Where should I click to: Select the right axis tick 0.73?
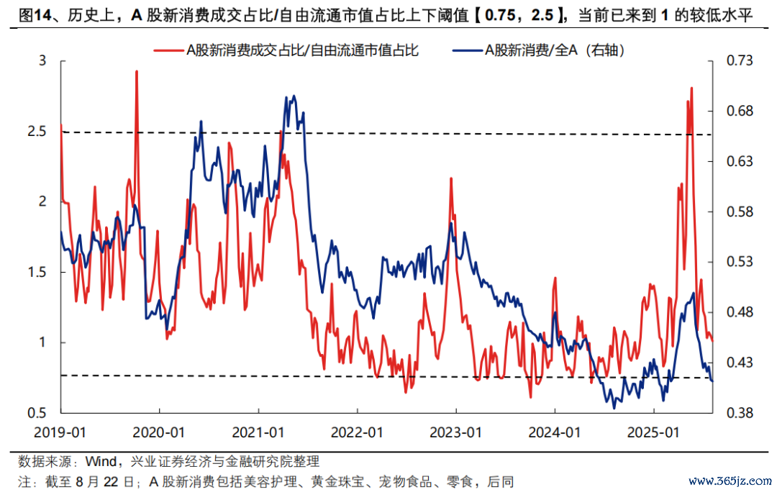(x=731, y=61)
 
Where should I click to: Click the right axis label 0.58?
(x=731, y=212)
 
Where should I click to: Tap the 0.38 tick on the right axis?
(x=731, y=413)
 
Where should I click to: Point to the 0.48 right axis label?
(x=731, y=312)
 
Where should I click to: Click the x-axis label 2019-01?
(x=61, y=433)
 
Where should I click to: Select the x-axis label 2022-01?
(x=358, y=433)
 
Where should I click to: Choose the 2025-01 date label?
(x=653, y=433)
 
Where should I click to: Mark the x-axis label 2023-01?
(x=456, y=433)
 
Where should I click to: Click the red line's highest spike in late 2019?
(x=137, y=71)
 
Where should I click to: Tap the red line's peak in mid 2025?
(x=691, y=88)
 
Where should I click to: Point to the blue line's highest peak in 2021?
(x=294, y=96)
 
